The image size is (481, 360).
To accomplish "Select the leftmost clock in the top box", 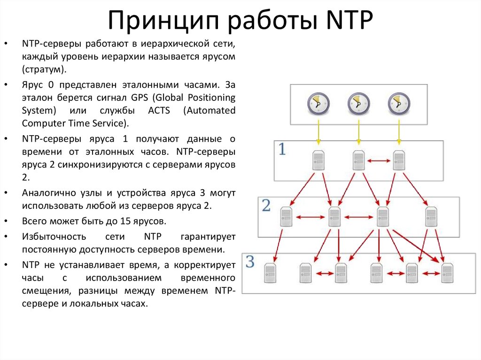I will pyautogui.click(x=318, y=103).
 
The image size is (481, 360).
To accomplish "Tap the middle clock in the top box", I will pyautogui.click(x=359, y=103).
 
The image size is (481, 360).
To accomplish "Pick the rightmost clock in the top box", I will pyautogui.click(x=399, y=103).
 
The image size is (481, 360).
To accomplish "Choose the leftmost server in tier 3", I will pyautogui.click(x=270, y=273).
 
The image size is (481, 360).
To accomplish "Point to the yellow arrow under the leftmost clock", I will pyautogui.click(x=318, y=132).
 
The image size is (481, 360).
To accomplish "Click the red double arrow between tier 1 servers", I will pyautogui.click(x=379, y=161).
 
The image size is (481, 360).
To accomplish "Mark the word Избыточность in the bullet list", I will pyautogui.click(x=51, y=237).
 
